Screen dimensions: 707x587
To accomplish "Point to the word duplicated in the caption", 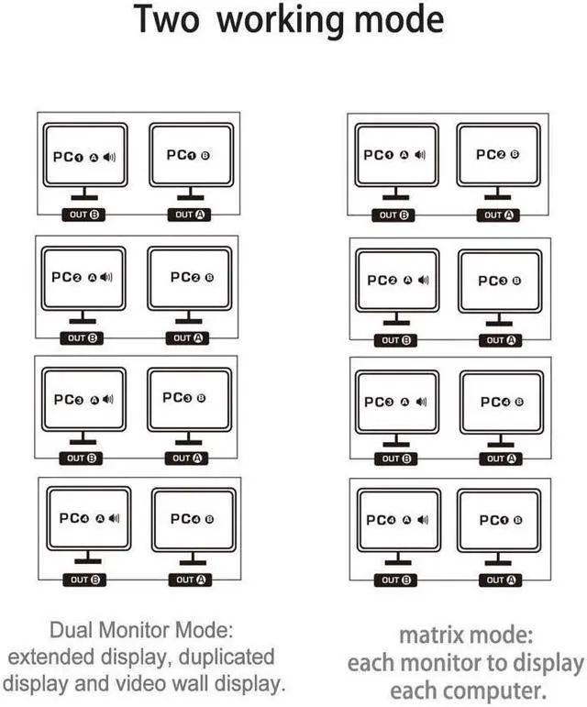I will click(x=227, y=657).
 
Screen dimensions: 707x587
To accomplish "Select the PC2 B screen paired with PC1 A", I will click(x=498, y=155).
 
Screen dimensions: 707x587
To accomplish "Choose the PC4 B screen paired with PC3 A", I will click(x=502, y=402).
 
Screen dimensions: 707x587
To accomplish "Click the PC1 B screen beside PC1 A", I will click(x=190, y=155).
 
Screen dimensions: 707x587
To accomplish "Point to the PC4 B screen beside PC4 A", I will click(x=193, y=519).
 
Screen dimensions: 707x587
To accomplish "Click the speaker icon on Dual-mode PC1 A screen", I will click(x=109, y=157).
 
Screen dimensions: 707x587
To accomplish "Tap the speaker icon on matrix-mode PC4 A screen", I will click(x=423, y=520).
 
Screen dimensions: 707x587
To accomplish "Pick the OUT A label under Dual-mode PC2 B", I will click(x=188, y=337).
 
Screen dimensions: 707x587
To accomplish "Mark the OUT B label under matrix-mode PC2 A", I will click(x=396, y=340).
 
